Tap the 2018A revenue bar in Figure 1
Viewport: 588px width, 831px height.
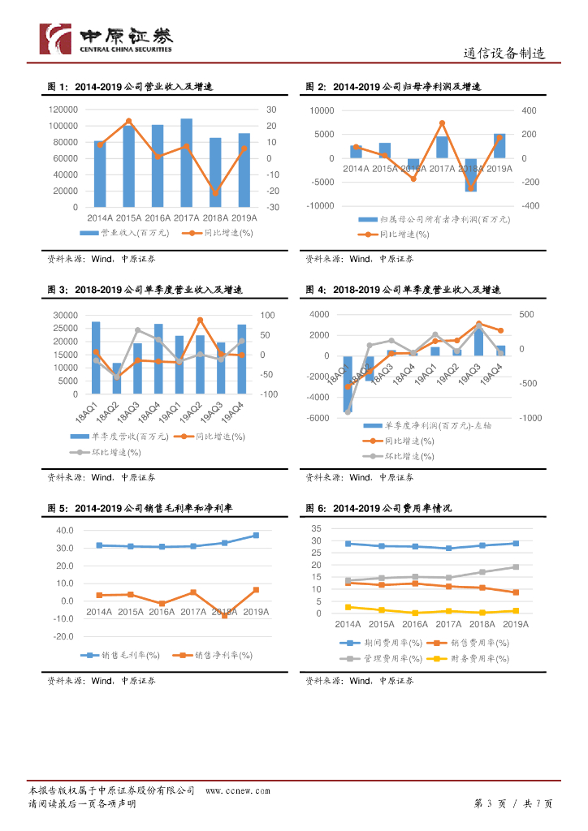click(x=215, y=172)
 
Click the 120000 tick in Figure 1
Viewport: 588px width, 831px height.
click(x=63, y=110)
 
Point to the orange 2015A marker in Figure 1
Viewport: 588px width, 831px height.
click(x=128, y=121)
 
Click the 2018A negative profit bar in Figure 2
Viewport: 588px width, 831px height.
click(x=470, y=174)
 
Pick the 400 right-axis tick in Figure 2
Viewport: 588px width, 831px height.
click(x=529, y=110)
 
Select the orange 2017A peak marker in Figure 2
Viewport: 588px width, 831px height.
click(x=442, y=123)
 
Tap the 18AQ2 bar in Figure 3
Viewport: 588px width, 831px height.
click(x=117, y=378)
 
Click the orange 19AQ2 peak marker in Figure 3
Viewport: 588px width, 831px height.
click(x=201, y=320)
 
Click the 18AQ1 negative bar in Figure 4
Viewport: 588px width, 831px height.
click(x=348, y=383)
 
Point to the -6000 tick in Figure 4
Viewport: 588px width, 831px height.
click(x=318, y=418)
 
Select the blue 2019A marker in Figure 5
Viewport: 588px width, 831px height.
click(x=256, y=536)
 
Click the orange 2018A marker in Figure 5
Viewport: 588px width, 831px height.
click(x=224, y=616)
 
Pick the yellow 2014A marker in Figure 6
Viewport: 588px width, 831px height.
click(x=348, y=607)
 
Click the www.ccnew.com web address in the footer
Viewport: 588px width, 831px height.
click(x=237, y=790)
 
